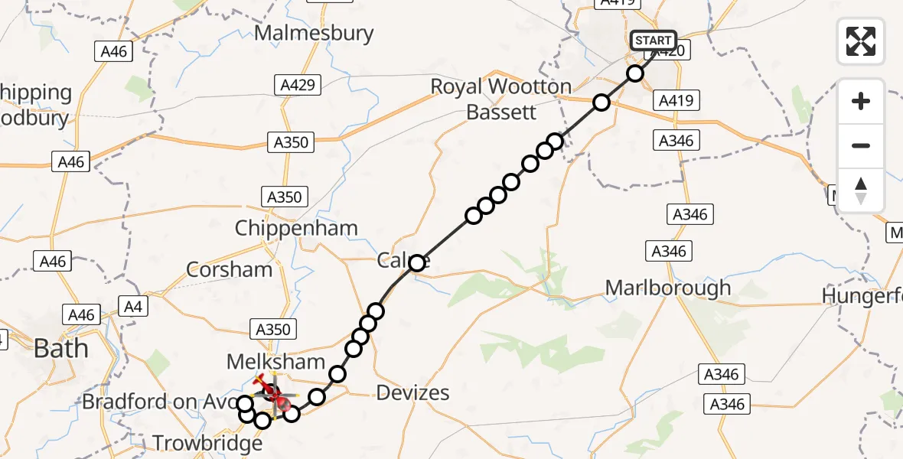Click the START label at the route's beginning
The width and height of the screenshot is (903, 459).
(x=653, y=40)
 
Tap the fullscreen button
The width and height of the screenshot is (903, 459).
(x=861, y=41)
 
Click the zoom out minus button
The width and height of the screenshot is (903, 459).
(x=861, y=145)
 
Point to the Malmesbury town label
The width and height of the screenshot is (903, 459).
(x=314, y=34)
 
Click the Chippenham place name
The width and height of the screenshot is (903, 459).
(x=296, y=228)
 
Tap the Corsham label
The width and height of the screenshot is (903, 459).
(x=230, y=269)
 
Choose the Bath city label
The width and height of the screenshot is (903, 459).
(x=60, y=349)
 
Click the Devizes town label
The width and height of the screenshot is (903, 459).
(x=413, y=393)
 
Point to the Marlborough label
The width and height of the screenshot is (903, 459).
(x=668, y=288)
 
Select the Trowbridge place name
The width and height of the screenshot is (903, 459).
(x=207, y=443)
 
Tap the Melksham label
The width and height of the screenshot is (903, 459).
(x=276, y=361)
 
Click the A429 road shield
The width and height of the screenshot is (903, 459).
(x=298, y=85)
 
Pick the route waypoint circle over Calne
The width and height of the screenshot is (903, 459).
(x=416, y=264)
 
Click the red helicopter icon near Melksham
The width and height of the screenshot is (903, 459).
(x=275, y=392)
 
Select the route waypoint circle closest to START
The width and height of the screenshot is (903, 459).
(x=635, y=73)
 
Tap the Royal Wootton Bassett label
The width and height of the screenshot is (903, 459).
(x=501, y=99)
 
